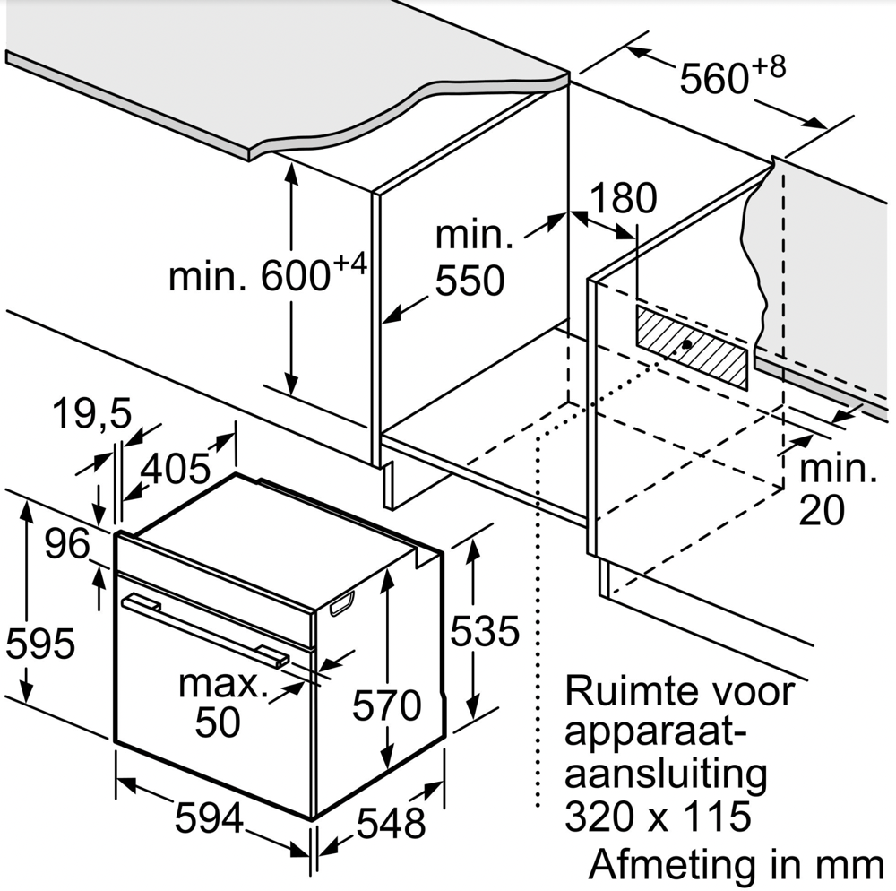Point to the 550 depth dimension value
tap(470, 281)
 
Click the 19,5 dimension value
tap(90, 414)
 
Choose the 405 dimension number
tap(176, 467)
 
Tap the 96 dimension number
tap(68, 545)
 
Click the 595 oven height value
tap(39, 644)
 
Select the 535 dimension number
tap(484, 631)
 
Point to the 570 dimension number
tap(386, 705)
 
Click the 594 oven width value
tap(209, 817)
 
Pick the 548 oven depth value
tap(390, 822)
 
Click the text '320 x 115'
tap(658, 816)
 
